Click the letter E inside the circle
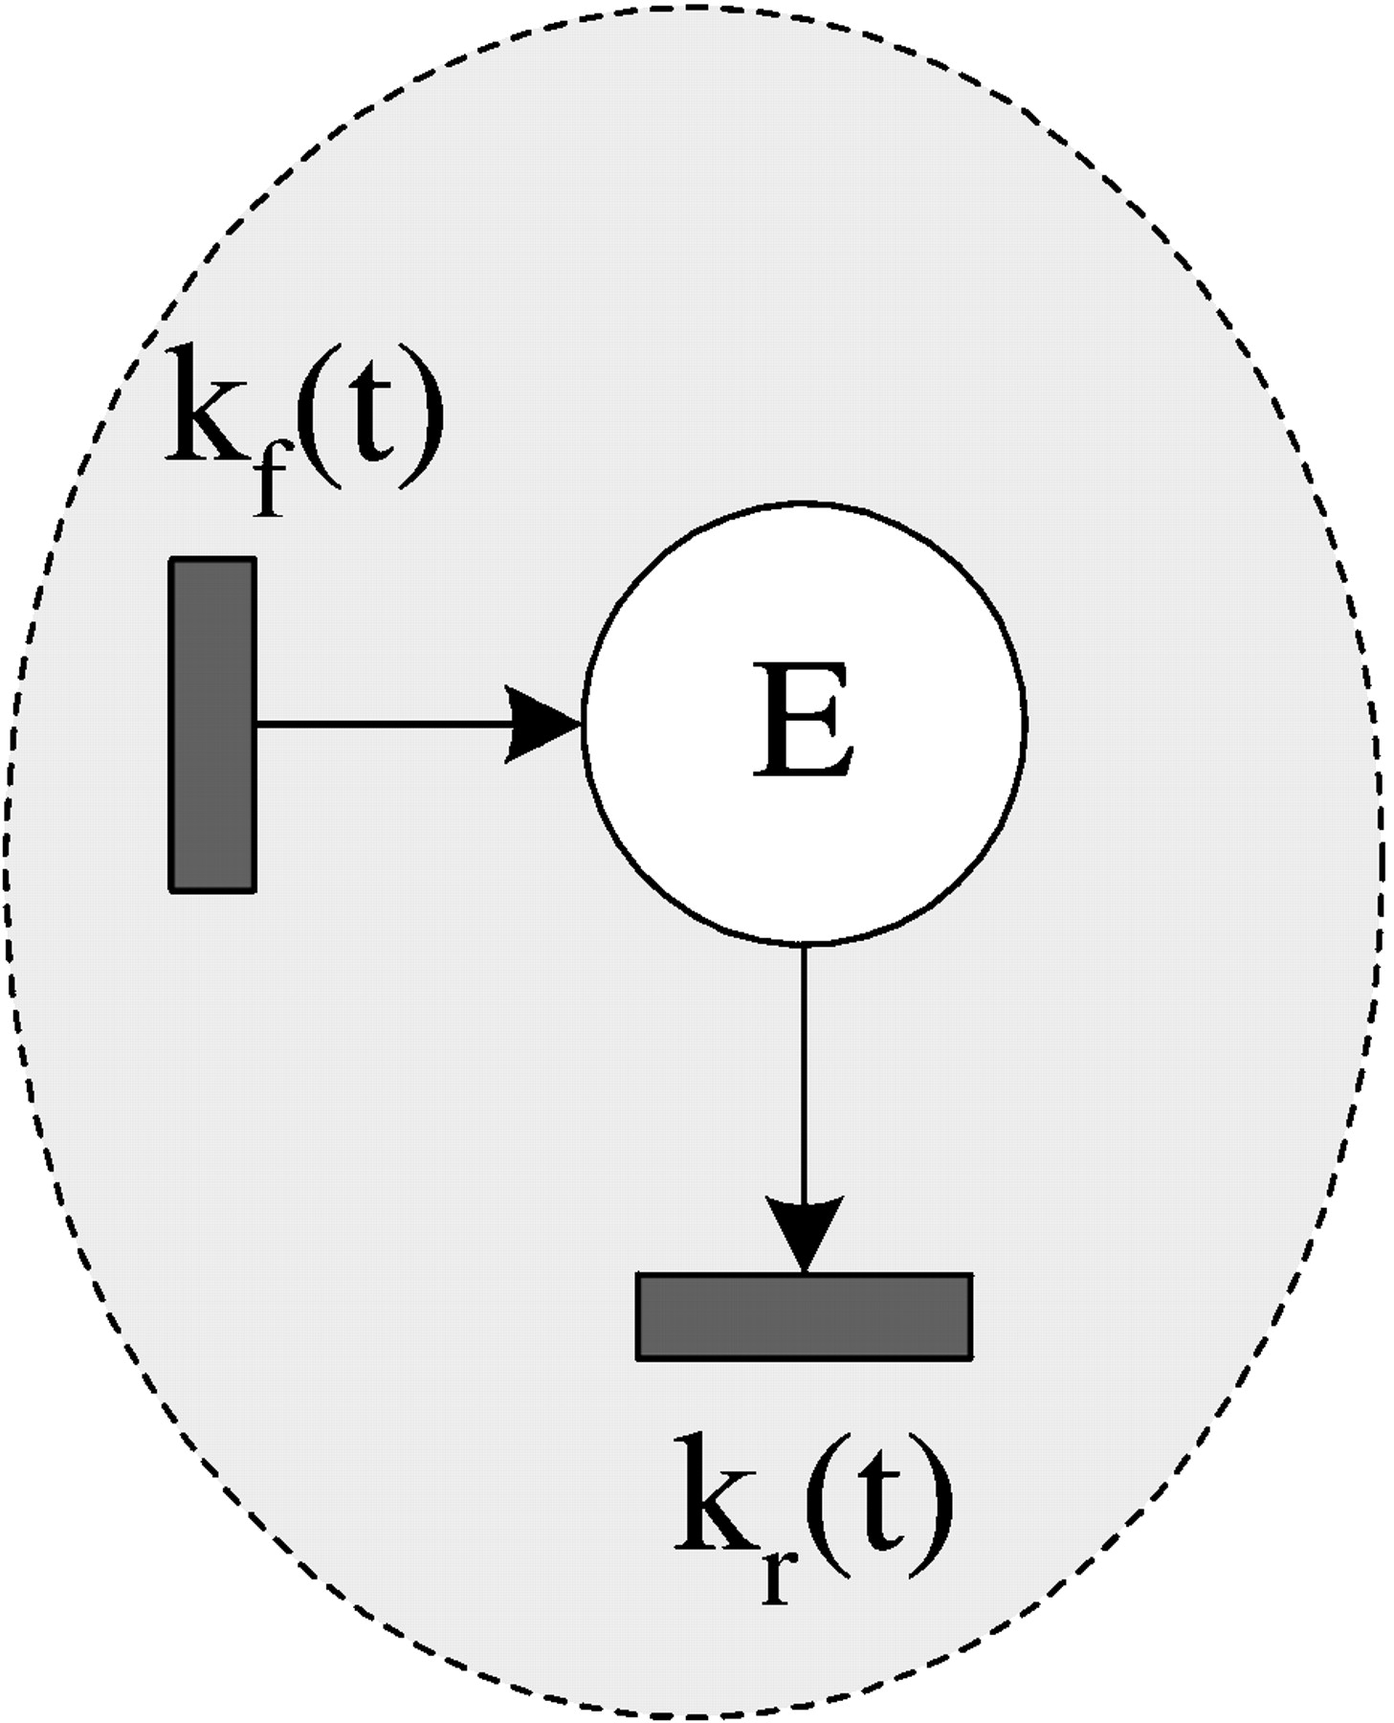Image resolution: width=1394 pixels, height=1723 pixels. click(x=802, y=719)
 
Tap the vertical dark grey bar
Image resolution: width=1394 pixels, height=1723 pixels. click(x=212, y=725)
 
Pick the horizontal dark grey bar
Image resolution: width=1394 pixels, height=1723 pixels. click(x=804, y=1315)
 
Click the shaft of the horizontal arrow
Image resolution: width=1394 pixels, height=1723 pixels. click(x=383, y=725)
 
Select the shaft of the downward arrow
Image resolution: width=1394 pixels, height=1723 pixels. click(x=804, y=1072)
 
